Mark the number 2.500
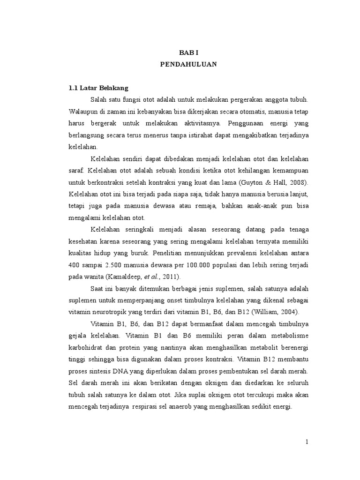(x=116, y=264)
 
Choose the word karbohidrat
(x=86, y=347)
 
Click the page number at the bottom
(x=306, y=442)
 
